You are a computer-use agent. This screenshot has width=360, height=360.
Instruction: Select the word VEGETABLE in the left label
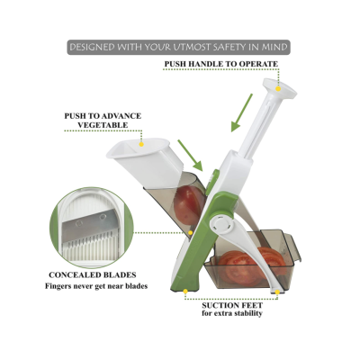(x=103, y=125)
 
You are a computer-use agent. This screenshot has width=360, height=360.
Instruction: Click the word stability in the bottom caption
(x=247, y=314)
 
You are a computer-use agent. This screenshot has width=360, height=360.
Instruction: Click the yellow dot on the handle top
(x=278, y=89)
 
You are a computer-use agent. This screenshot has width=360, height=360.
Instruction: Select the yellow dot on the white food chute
(x=141, y=144)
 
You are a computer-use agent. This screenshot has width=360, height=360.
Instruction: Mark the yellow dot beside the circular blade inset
(x=190, y=232)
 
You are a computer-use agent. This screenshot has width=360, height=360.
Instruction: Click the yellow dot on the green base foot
(x=185, y=292)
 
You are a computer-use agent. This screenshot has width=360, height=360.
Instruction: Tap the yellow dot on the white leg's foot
(x=277, y=292)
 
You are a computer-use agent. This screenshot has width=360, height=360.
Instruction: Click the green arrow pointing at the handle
(x=242, y=112)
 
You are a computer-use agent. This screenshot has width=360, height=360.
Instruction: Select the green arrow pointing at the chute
(x=190, y=156)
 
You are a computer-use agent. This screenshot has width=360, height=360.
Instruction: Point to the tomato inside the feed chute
(x=190, y=205)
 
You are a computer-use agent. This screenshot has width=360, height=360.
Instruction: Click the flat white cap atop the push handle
(x=280, y=88)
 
